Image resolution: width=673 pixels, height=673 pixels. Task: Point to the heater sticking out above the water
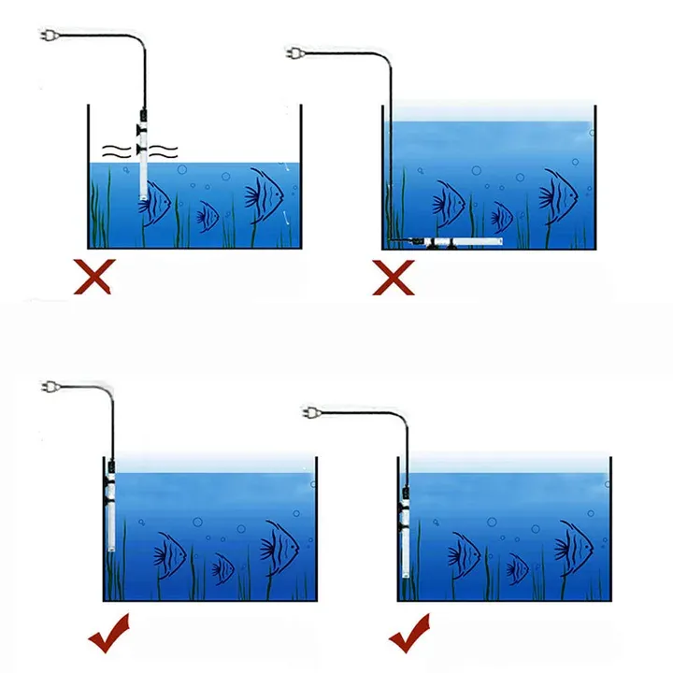(142, 154)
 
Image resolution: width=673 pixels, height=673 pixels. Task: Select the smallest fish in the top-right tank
(502, 217)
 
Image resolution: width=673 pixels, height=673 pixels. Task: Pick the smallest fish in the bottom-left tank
(222, 566)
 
